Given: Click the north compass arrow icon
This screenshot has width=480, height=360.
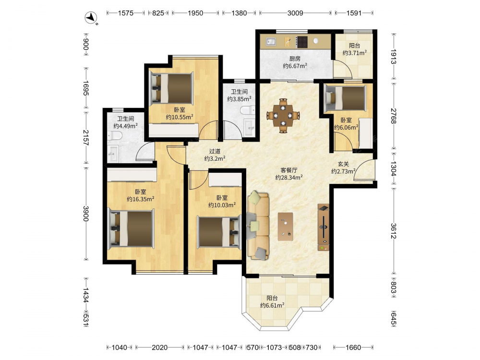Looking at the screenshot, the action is coord(91,18).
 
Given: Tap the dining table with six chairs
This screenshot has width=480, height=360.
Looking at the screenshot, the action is coord(283,115).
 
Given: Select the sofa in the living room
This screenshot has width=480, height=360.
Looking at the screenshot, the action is coord(258,226).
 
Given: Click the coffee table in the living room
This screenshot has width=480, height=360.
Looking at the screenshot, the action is coord(285,227).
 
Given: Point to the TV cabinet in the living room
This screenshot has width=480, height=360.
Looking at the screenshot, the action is coord(323,227).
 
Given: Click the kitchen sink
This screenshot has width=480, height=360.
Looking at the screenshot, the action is coord(271,41).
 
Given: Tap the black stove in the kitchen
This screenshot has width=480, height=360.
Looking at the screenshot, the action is coord(302,42).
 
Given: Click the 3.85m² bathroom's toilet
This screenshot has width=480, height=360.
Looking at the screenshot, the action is coord(248,110).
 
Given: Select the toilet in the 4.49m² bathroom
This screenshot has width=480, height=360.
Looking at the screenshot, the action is coord(115,136).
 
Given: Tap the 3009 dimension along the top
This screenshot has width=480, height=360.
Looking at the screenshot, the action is coord(295,13).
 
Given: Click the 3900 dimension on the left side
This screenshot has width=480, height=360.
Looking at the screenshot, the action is coord(86,214).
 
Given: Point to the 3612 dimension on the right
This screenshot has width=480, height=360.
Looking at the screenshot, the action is coord(394,231).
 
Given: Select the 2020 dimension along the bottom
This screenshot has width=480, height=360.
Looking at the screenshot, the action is coord(159,348).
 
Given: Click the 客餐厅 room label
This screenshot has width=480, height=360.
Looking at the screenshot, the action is coord(289,170).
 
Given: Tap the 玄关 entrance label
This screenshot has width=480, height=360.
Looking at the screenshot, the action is coord(343,164).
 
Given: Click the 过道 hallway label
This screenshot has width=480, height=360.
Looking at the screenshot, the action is coord(215,151).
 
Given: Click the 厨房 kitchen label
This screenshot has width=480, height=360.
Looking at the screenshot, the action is coord(295,59).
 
